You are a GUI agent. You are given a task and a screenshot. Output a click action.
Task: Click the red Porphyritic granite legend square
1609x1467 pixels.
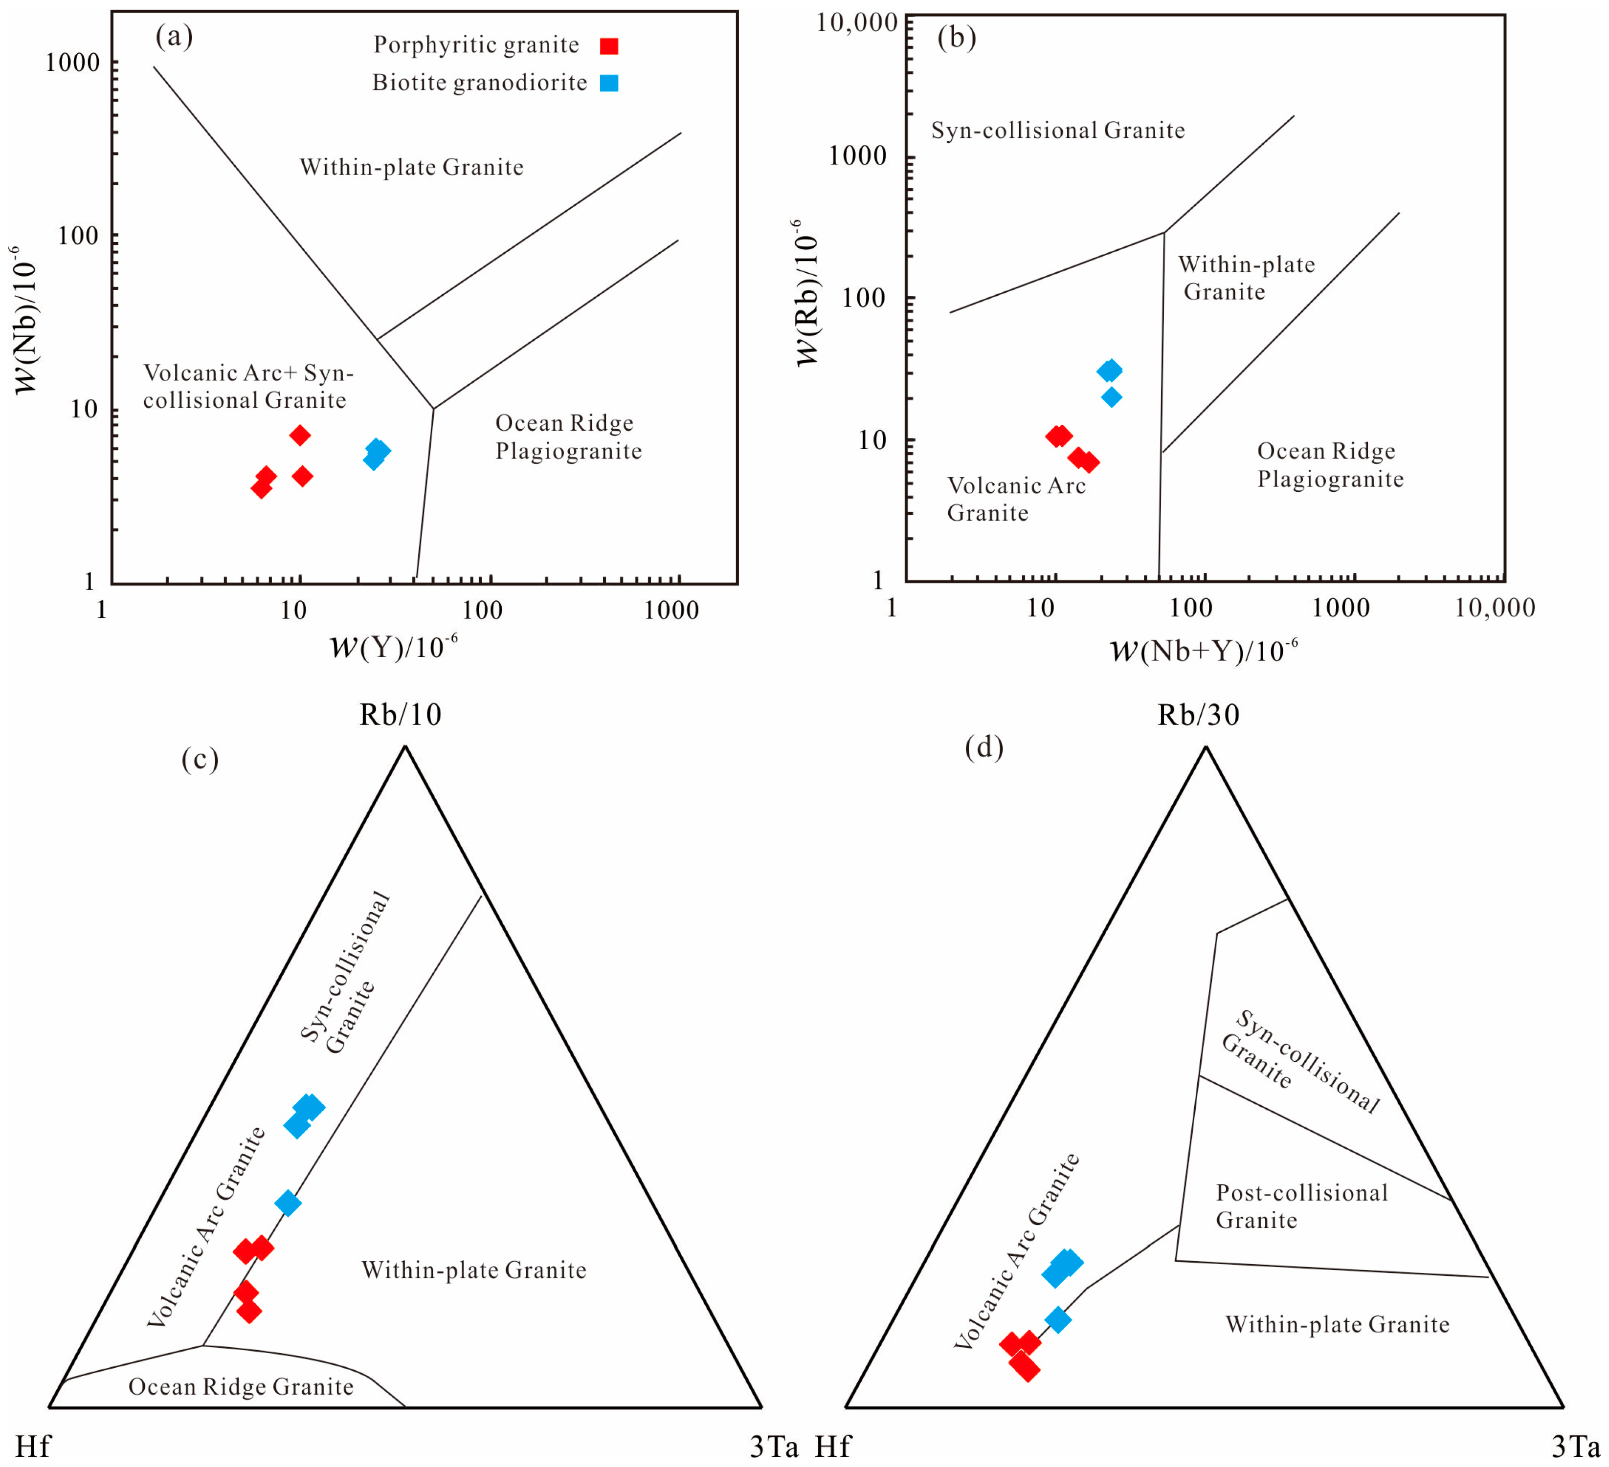pos(609,46)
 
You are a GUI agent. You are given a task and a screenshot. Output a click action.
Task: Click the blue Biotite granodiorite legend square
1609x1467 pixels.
pos(609,83)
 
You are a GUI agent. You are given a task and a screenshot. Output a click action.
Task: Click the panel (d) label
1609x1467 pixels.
pos(983,747)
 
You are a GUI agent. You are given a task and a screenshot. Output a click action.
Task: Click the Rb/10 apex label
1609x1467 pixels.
pos(400,714)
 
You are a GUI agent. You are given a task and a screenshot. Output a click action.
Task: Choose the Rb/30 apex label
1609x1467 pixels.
pos(1198,714)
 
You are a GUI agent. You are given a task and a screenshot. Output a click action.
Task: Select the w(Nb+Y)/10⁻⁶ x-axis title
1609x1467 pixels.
pos(1204,651)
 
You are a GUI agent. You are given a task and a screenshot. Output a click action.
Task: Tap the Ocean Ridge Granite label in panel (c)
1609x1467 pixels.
pos(241,1386)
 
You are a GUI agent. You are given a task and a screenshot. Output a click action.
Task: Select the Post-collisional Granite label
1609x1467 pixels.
pos(1301,1206)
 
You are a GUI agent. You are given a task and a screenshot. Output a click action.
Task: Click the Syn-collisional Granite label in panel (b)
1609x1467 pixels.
pos(1057,130)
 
